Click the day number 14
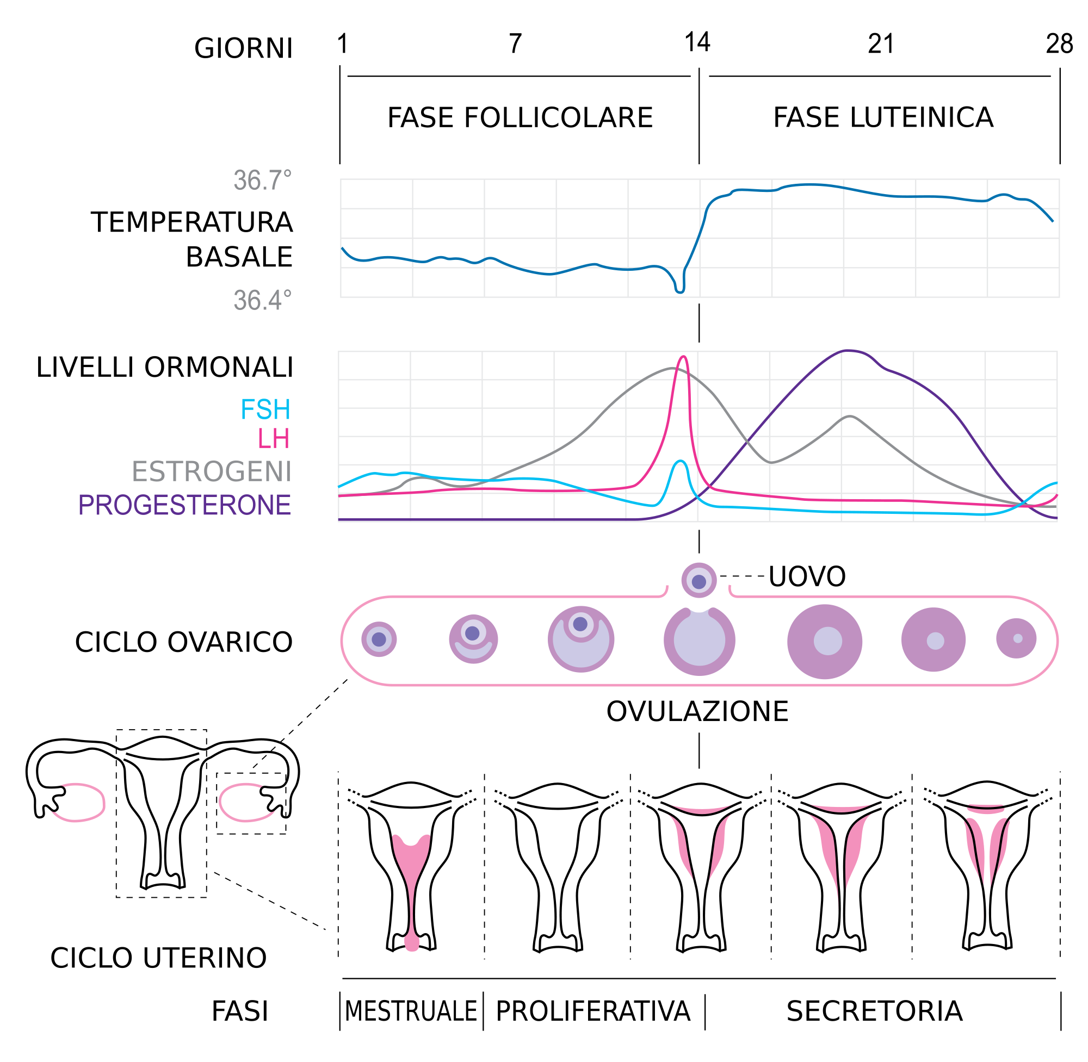point(697,43)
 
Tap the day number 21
point(881,44)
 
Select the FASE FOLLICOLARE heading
point(520,117)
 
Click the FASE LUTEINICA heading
point(883,117)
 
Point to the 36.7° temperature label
point(262,181)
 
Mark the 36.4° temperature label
point(262,301)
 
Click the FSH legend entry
point(265,410)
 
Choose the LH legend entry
point(274,439)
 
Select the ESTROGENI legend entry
point(212,472)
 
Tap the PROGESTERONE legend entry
point(184,505)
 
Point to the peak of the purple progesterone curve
point(848,351)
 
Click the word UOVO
point(807,577)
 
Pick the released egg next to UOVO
point(698,581)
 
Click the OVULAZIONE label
point(697,712)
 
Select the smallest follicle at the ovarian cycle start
point(379,639)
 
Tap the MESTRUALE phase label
point(411,1011)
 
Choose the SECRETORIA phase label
point(874,1011)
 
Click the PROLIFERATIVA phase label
point(592,1011)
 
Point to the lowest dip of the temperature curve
point(679,291)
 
